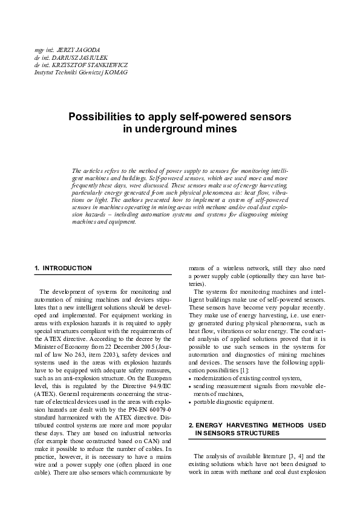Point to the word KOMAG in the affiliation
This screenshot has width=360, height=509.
[115, 72]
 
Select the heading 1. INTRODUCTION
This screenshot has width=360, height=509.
[64, 267]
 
